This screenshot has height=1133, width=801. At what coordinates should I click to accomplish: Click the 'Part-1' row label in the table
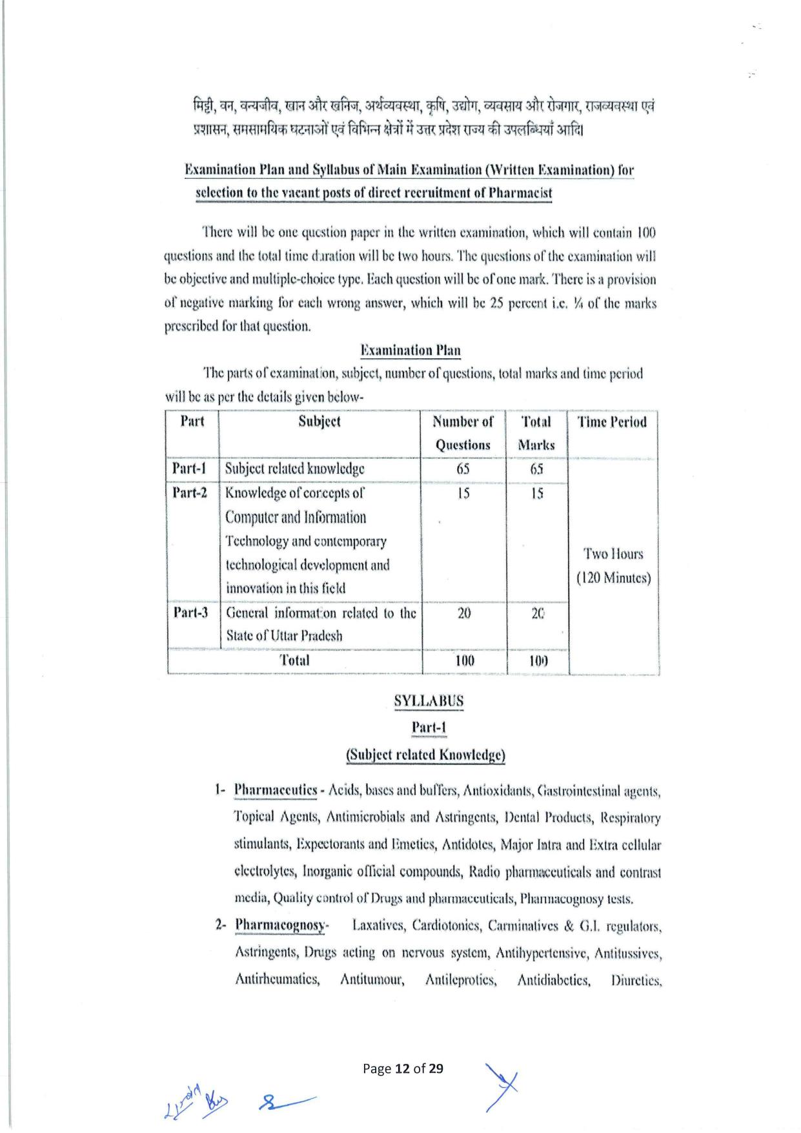(189, 469)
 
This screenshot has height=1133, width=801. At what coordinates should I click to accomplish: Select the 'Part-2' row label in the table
(190, 493)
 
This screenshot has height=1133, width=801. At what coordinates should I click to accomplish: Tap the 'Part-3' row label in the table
(190, 612)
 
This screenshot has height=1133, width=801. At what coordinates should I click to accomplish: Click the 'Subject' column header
(319, 422)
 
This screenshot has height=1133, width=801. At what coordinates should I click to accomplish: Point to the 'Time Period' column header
(612, 422)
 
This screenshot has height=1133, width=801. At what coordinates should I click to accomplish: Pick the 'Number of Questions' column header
(463, 433)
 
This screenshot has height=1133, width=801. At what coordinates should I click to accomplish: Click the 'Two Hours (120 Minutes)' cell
(613, 566)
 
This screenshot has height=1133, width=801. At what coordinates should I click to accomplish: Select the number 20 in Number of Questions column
(464, 613)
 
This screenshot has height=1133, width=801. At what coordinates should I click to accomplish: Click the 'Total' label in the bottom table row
(294, 660)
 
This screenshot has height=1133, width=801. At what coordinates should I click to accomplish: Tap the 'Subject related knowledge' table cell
(294, 469)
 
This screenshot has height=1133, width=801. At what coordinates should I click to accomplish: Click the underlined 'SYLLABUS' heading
(429, 700)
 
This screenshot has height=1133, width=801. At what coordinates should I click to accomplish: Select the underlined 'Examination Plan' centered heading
(410, 351)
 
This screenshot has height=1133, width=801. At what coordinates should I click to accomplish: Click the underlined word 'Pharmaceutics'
(276, 790)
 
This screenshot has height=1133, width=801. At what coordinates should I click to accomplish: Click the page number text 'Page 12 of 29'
(403, 1068)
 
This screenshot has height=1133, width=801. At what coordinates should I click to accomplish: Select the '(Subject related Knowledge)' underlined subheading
(425, 755)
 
